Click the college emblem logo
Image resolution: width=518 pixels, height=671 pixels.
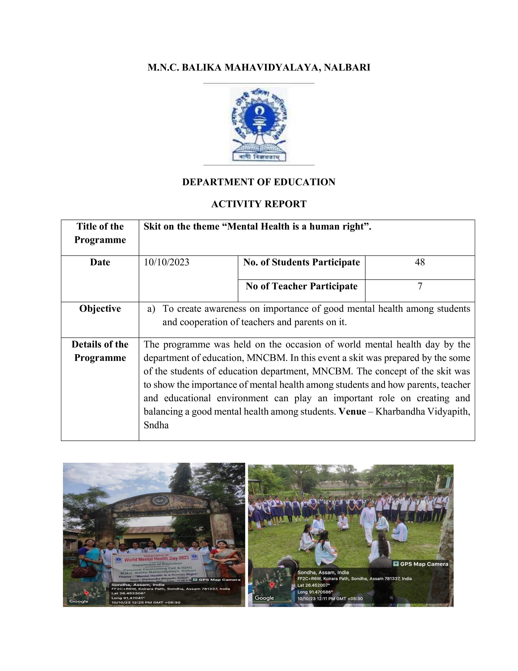point(259,124)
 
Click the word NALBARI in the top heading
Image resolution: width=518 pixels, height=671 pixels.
point(347,67)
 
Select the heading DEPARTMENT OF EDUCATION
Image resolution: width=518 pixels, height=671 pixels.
point(259,182)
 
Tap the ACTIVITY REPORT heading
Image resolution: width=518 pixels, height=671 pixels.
point(259,204)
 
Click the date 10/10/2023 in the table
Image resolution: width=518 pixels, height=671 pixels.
point(167,262)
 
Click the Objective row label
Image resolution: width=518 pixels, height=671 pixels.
point(100,308)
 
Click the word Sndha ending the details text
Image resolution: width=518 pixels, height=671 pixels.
point(156,425)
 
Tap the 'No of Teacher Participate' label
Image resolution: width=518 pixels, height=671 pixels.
point(301,286)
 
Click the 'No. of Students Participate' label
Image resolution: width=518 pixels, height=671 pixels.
point(301,262)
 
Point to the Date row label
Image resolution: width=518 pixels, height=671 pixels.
point(100,262)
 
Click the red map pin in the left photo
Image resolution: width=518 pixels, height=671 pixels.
point(87,593)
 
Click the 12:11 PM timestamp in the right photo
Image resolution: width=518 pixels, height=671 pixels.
point(330,598)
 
